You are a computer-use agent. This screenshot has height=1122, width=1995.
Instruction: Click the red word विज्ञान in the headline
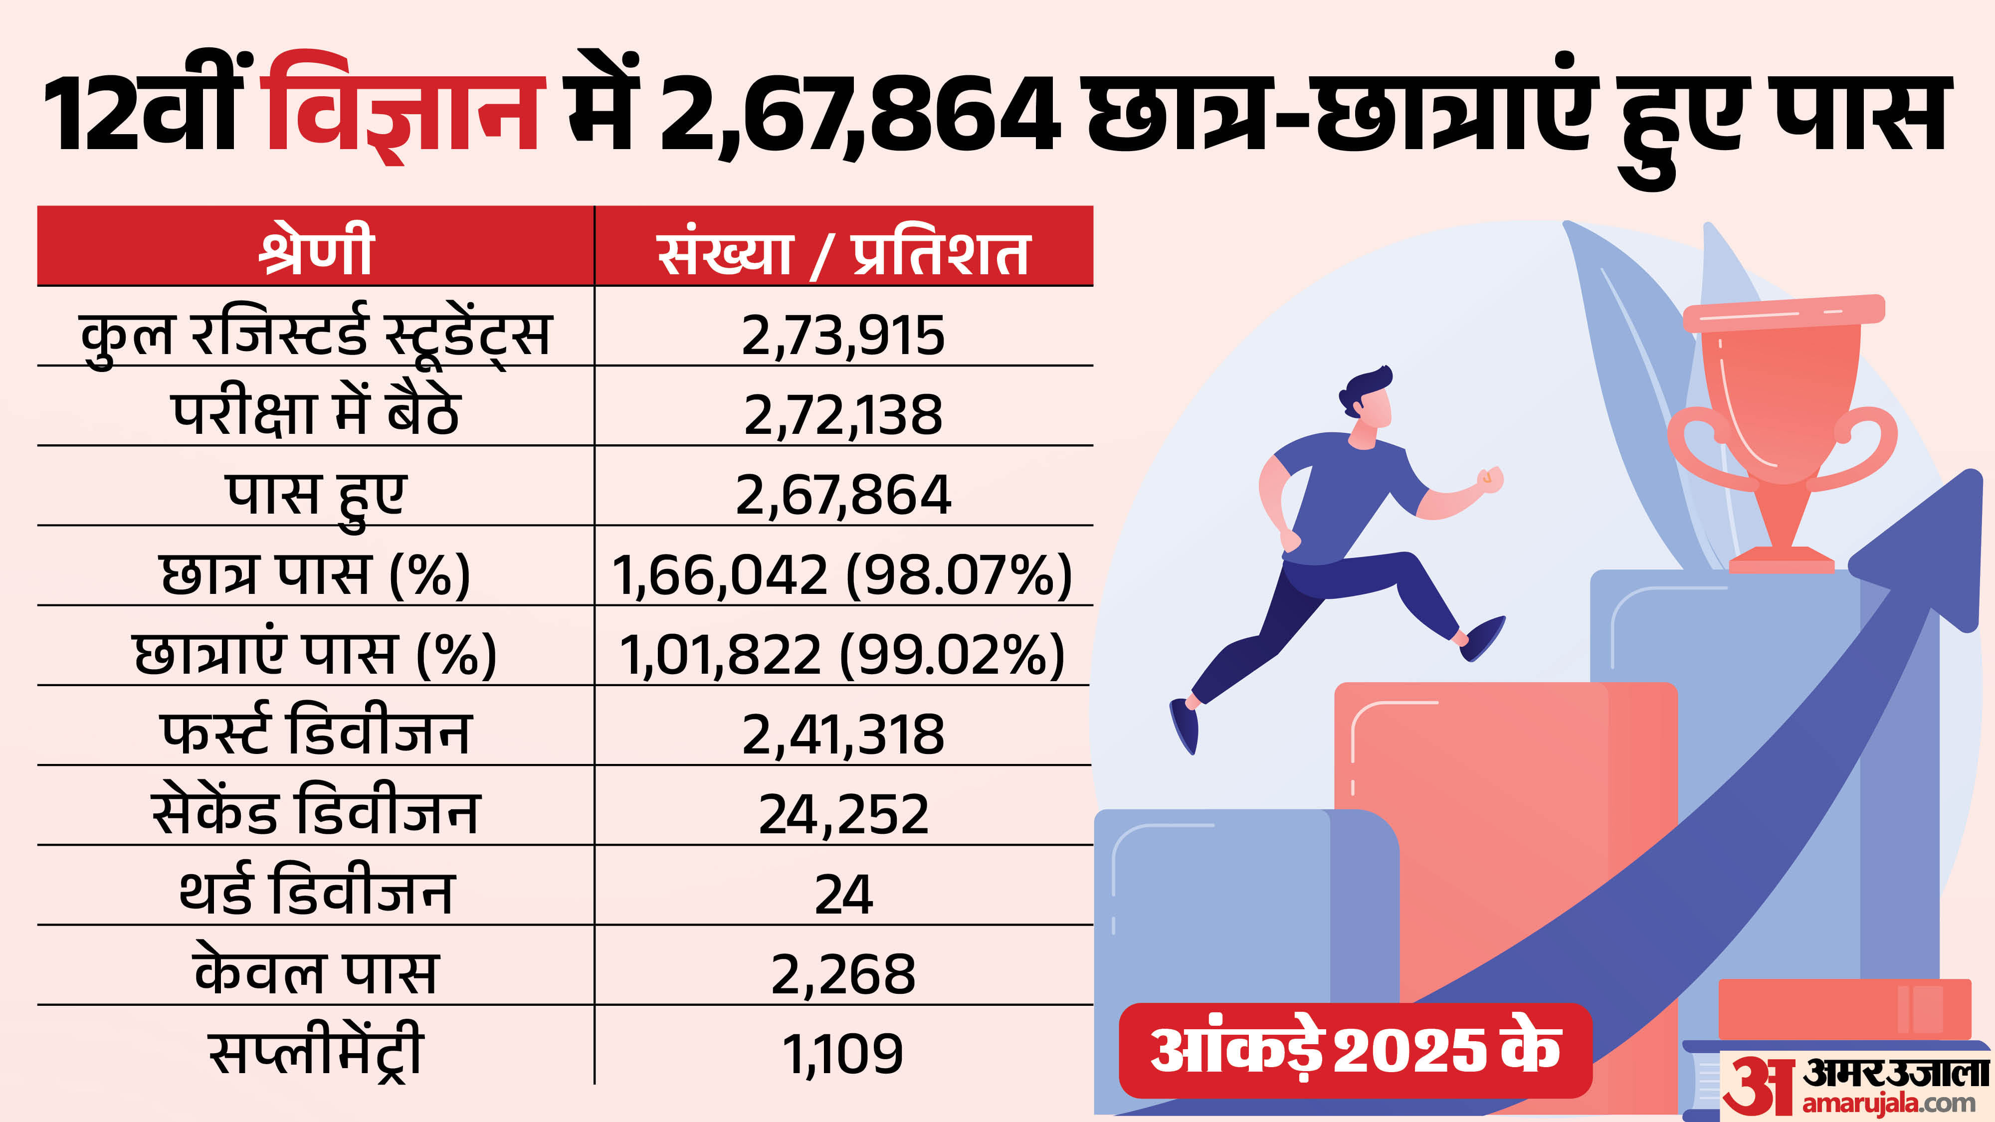(x=402, y=108)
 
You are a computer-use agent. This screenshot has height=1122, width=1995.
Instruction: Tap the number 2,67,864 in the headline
(x=860, y=112)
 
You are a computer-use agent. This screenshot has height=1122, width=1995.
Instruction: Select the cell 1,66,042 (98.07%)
(x=842, y=574)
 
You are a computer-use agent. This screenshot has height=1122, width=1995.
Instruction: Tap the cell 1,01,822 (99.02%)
(x=842, y=654)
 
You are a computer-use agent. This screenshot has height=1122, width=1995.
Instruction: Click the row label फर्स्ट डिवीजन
(x=316, y=733)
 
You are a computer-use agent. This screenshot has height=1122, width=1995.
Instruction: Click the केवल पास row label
(x=316, y=972)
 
